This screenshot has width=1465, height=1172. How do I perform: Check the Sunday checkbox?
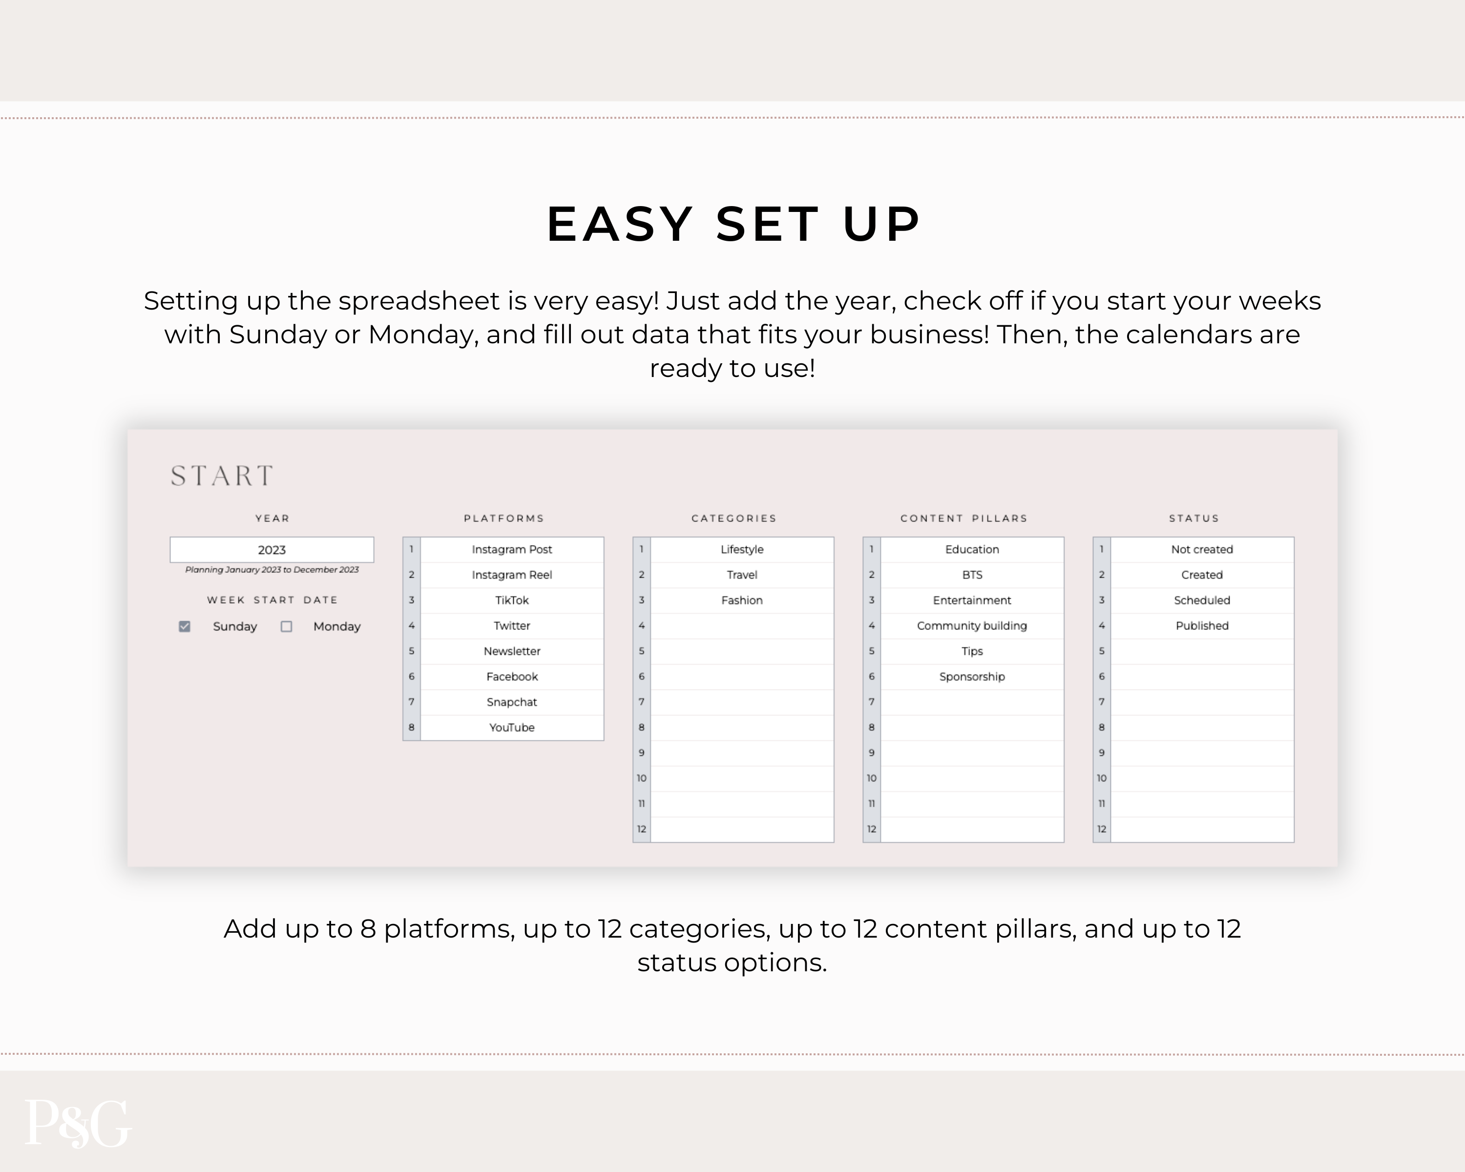184,627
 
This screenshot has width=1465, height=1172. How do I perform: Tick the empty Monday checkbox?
286,627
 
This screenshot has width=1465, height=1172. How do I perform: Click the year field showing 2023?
272,550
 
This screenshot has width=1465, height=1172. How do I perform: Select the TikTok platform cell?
512,600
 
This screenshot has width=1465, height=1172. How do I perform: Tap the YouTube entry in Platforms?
512,728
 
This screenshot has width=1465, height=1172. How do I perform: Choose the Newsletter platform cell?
512,651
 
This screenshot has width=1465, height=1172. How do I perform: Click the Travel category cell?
742,575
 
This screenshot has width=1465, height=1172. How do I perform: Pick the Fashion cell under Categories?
742,600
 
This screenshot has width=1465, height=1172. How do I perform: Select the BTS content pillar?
972,575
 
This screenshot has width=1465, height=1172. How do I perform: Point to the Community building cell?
972,626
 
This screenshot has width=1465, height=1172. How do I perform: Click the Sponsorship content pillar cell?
972,677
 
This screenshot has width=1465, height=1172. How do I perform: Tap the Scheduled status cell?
1202,600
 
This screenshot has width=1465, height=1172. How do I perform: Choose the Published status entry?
1202,626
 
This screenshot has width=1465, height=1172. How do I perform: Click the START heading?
222,476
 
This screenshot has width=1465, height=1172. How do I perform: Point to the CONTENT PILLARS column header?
963,519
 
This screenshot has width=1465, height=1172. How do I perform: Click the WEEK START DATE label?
272,600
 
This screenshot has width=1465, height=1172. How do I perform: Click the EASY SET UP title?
732,224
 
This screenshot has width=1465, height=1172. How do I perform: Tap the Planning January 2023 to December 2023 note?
272,569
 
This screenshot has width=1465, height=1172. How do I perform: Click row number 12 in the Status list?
1102,829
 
